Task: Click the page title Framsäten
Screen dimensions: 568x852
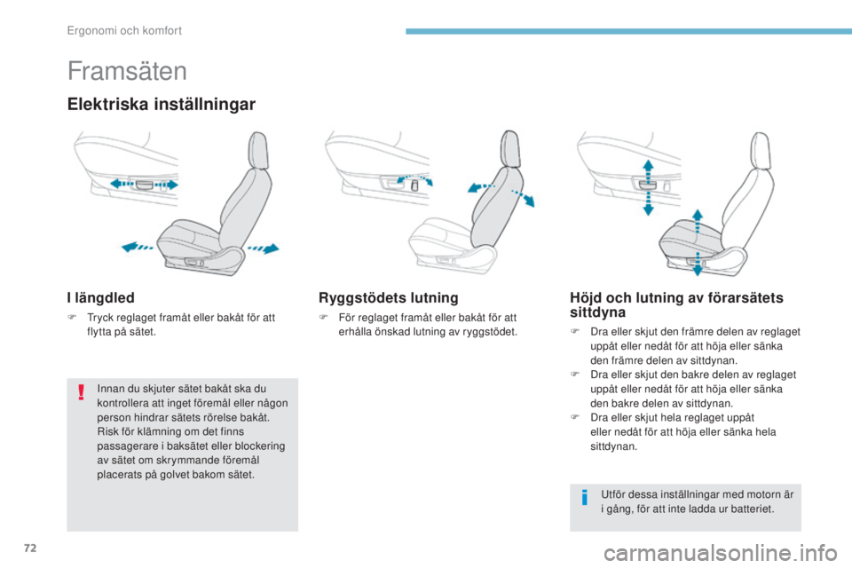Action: [x=127, y=70]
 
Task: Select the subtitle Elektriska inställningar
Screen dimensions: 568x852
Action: [x=162, y=104]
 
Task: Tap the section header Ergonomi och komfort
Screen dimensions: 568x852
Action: [x=125, y=31]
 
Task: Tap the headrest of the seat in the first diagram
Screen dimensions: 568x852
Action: [x=256, y=146]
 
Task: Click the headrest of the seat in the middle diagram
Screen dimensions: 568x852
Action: [x=508, y=146]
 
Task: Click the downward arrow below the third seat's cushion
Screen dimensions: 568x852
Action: [x=698, y=265]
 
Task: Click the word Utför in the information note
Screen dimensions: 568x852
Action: [x=614, y=494]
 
